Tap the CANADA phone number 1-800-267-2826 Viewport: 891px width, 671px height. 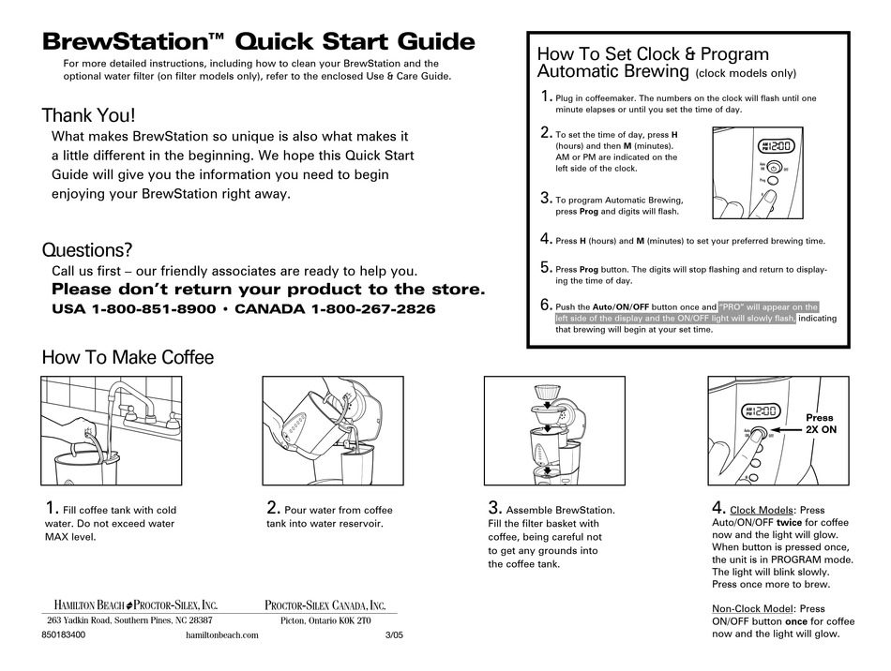(x=373, y=309)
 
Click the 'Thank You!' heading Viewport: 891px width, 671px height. (x=89, y=115)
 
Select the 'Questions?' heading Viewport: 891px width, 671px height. (x=87, y=250)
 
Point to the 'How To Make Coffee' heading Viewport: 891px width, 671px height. (x=128, y=357)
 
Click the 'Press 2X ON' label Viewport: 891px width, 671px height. (x=821, y=424)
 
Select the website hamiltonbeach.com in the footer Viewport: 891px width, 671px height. (x=222, y=635)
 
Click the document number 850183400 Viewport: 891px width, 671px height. (x=64, y=634)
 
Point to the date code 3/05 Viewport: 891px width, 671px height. (x=394, y=634)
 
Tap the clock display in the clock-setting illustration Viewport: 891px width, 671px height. (x=777, y=146)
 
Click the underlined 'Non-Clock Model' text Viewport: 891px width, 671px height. (x=752, y=608)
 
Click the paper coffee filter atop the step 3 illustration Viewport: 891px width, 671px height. (x=547, y=392)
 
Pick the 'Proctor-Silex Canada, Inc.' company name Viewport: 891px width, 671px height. (x=325, y=605)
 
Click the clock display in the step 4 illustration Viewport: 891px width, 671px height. (x=761, y=411)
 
